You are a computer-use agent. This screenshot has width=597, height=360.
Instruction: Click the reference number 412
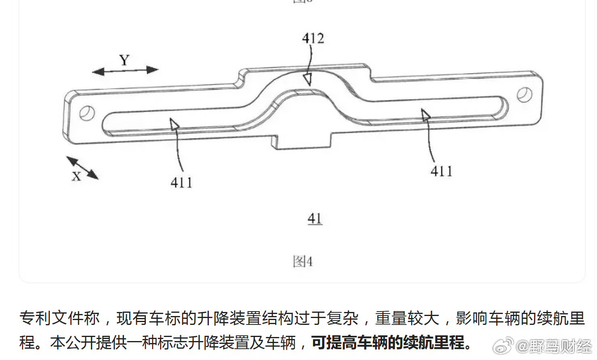pyautogui.click(x=313, y=38)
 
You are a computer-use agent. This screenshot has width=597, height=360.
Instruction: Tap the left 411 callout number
pyautogui.click(x=181, y=183)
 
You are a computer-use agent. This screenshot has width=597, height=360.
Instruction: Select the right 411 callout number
pyautogui.click(x=441, y=171)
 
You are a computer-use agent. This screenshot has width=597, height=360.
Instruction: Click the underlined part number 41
pyautogui.click(x=315, y=219)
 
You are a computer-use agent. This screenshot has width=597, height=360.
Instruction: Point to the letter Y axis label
pyautogui.click(x=124, y=60)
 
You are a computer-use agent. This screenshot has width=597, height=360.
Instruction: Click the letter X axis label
pyautogui.click(x=76, y=176)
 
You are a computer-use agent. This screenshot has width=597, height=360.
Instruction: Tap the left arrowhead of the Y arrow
pyautogui.click(x=98, y=71)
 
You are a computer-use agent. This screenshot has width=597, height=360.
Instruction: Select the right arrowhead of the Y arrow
pyautogui.click(x=153, y=70)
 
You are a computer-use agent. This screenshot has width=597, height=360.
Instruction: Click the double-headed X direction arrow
pyautogui.click(x=82, y=168)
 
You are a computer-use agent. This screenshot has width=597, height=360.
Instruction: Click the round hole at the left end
pyautogui.click(x=87, y=113)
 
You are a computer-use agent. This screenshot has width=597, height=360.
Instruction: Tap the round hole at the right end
pyautogui.click(x=525, y=94)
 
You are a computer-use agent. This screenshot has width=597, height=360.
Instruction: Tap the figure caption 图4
pyautogui.click(x=303, y=261)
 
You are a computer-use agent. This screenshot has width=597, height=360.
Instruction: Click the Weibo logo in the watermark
pyautogui.click(x=503, y=345)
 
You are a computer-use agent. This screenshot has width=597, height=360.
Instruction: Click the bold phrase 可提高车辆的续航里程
pyautogui.click(x=388, y=342)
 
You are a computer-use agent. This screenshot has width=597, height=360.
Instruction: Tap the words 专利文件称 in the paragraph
pyautogui.click(x=59, y=318)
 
